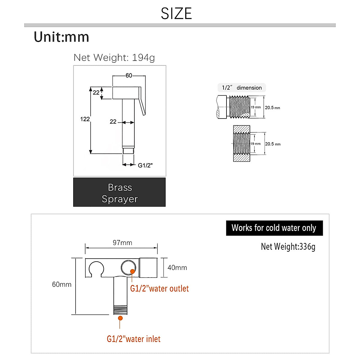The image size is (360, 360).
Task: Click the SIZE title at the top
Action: (x=176, y=13)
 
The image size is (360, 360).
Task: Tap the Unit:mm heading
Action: (x=61, y=37)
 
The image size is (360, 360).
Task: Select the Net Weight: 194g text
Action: (x=114, y=57)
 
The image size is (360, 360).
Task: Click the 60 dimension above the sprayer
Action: (x=129, y=76)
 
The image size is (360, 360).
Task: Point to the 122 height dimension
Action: (x=85, y=119)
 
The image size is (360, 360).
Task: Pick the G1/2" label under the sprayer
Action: (x=145, y=165)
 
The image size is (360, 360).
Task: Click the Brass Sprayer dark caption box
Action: (x=119, y=192)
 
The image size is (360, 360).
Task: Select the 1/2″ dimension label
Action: (x=242, y=88)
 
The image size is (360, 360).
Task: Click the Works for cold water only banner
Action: (x=274, y=228)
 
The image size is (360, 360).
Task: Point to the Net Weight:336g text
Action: (x=288, y=247)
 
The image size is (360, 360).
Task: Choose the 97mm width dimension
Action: (x=122, y=243)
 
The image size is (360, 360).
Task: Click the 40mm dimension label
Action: (x=177, y=268)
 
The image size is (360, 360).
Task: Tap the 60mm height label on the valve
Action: (x=62, y=284)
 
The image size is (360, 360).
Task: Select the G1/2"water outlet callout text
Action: (x=159, y=289)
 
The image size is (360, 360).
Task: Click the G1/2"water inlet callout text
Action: (x=133, y=339)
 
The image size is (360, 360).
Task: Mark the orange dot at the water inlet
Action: (x=120, y=318)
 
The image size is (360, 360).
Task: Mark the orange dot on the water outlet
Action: (x=132, y=271)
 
